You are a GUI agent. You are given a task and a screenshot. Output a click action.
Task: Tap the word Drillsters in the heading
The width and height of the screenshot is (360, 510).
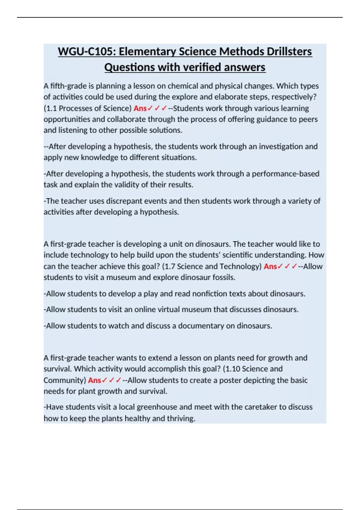(x=289, y=52)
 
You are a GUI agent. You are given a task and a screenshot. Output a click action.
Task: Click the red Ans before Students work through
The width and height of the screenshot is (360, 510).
(x=140, y=108)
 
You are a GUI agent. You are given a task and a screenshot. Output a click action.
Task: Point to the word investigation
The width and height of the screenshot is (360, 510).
(x=281, y=147)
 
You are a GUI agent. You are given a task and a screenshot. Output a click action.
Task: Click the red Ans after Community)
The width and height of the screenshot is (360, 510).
(x=94, y=380)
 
